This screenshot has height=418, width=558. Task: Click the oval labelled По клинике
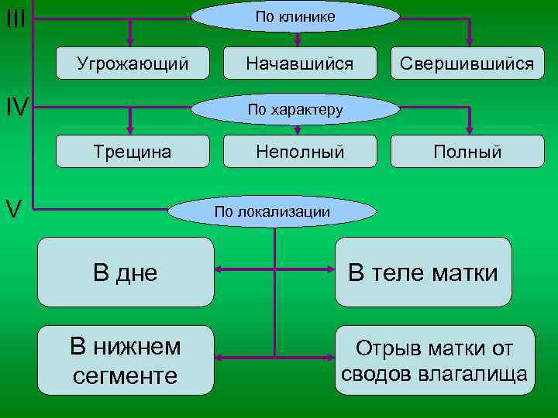point(295,16)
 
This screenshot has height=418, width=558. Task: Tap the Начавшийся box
point(299,63)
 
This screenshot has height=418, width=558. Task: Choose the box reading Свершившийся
point(467,63)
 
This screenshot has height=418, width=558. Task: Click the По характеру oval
point(294,109)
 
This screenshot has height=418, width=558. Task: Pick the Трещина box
point(133,152)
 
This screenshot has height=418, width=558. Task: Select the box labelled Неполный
point(300,152)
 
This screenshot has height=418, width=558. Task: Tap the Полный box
point(467,152)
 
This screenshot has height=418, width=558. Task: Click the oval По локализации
point(273,211)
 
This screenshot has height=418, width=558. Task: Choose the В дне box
point(126,272)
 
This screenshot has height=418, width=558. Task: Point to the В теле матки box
point(423,272)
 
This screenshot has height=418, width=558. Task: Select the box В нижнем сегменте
point(126,361)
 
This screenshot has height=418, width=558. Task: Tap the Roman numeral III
point(15,18)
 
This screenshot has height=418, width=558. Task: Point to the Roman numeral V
point(13,208)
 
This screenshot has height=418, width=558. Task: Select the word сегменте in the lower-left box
point(125,375)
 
